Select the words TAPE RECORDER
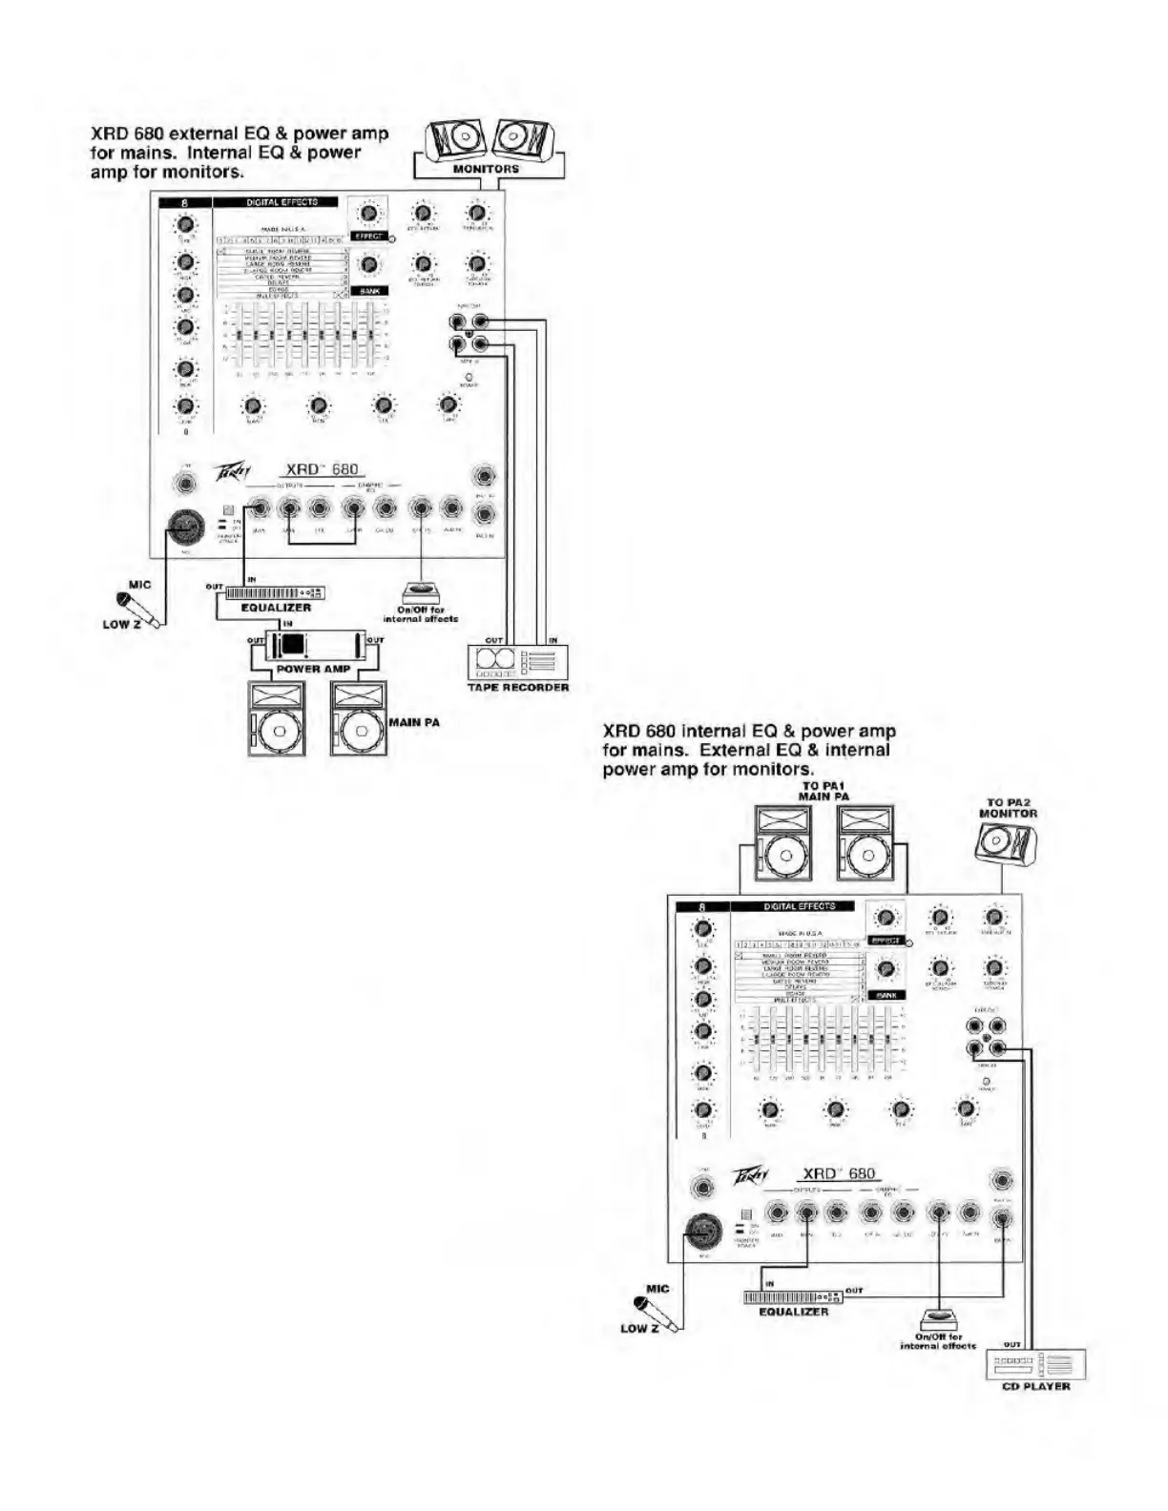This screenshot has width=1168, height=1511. pos(518,687)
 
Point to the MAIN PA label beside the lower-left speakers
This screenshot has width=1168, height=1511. pos(414,722)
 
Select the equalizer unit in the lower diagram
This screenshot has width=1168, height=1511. pos(793,1297)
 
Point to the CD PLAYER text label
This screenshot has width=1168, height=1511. pos(1035,1386)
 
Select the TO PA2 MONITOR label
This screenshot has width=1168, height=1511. pos(1012,808)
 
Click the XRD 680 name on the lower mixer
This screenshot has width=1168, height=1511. pos(839,1173)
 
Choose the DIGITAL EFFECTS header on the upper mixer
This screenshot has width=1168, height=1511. pos(281,202)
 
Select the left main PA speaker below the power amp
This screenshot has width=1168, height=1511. pos(277,718)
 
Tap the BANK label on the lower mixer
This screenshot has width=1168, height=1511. pos(887,995)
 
